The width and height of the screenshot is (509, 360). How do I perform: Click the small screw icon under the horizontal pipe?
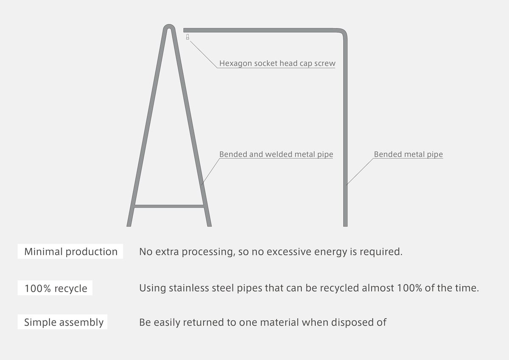(x=187, y=38)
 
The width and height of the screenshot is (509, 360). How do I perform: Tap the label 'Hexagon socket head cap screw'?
(x=277, y=64)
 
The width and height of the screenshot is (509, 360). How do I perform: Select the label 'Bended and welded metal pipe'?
(x=276, y=155)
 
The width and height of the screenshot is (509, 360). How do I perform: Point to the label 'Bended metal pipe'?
(x=408, y=155)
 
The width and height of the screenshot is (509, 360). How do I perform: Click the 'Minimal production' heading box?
(x=70, y=251)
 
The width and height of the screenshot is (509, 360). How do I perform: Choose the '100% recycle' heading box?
(x=55, y=288)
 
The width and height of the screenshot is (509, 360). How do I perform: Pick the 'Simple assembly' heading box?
(x=63, y=322)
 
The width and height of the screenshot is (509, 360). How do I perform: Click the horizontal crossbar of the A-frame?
(x=169, y=207)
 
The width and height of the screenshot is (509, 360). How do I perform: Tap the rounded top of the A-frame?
(x=169, y=26)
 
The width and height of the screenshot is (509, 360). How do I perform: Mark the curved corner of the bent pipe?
(x=343, y=32)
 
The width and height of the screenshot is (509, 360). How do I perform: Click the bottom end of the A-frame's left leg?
(x=130, y=224)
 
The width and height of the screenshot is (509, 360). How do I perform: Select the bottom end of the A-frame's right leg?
(x=209, y=224)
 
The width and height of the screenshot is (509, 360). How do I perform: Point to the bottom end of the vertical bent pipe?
(x=345, y=224)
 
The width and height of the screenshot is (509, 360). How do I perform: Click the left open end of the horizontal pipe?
(x=185, y=30)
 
